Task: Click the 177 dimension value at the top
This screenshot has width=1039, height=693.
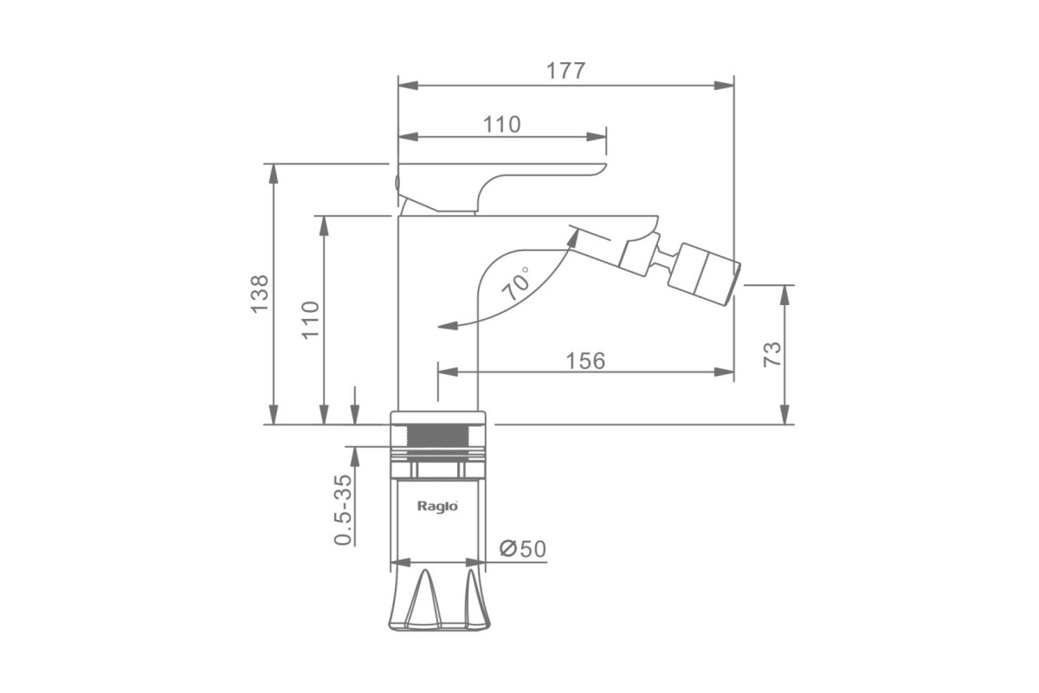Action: coord(566,71)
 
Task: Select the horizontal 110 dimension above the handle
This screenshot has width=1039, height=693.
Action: coord(502,125)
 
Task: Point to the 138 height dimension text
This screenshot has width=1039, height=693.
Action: coord(261,295)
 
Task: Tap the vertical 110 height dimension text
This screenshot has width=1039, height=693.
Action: coord(311,321)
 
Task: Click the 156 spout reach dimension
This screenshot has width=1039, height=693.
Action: coord(586,360)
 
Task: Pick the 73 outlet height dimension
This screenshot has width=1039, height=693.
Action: coord(772,354)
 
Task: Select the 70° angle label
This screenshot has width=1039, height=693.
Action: coord(516,283)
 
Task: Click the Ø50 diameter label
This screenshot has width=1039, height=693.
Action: coord(523,549)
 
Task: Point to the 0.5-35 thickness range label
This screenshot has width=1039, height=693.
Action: coord(343,509)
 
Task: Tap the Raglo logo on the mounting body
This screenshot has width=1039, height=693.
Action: coord(438,506)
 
